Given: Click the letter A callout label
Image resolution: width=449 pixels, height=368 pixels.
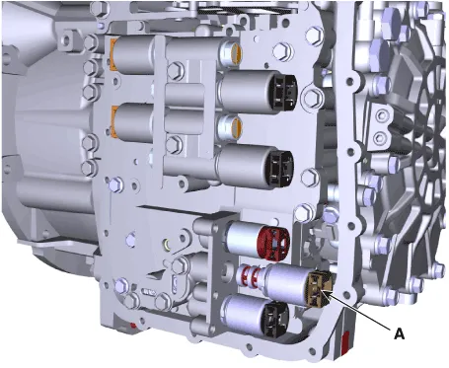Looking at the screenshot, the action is coord(399,333).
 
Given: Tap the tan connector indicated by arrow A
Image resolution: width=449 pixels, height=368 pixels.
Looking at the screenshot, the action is coord(321,288).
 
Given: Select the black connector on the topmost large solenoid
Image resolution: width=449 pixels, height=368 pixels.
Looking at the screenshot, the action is coord(284,91).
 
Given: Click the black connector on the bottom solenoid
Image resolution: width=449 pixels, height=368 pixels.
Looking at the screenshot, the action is coord(276,320).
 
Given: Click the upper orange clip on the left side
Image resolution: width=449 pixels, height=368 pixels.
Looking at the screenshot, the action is coord(113,54).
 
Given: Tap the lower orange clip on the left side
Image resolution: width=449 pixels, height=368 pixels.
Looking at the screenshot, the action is coord(113,121).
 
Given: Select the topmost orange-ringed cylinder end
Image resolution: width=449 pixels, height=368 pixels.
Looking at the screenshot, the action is coord(236,52).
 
